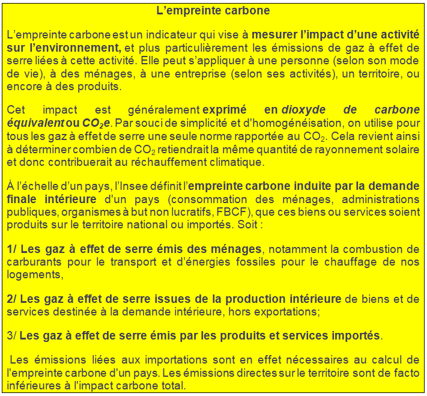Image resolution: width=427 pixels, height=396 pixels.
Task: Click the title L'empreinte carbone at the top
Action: pyautogui.click(x=213, y=11)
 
